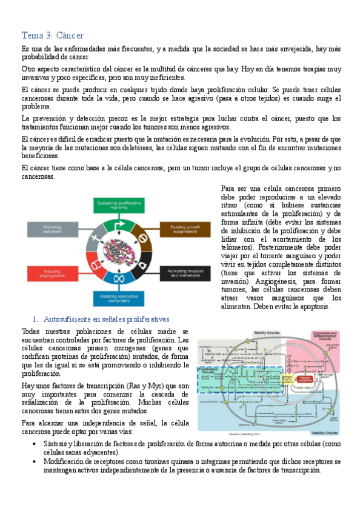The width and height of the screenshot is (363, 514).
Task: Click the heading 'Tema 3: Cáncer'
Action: (x=52, y=35)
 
